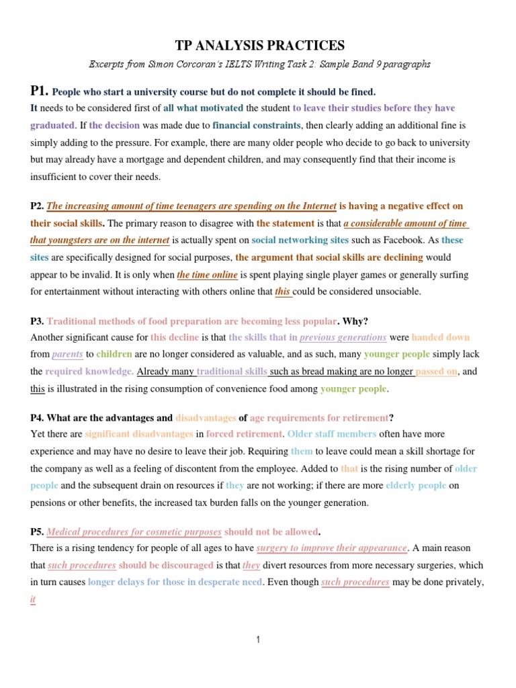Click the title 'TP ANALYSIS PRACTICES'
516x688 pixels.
259,46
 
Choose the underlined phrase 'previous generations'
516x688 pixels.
343,337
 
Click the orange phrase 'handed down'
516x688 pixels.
441,337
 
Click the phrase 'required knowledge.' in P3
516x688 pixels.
89,371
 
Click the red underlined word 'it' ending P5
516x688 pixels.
32,599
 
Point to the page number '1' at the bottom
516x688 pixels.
258,640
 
